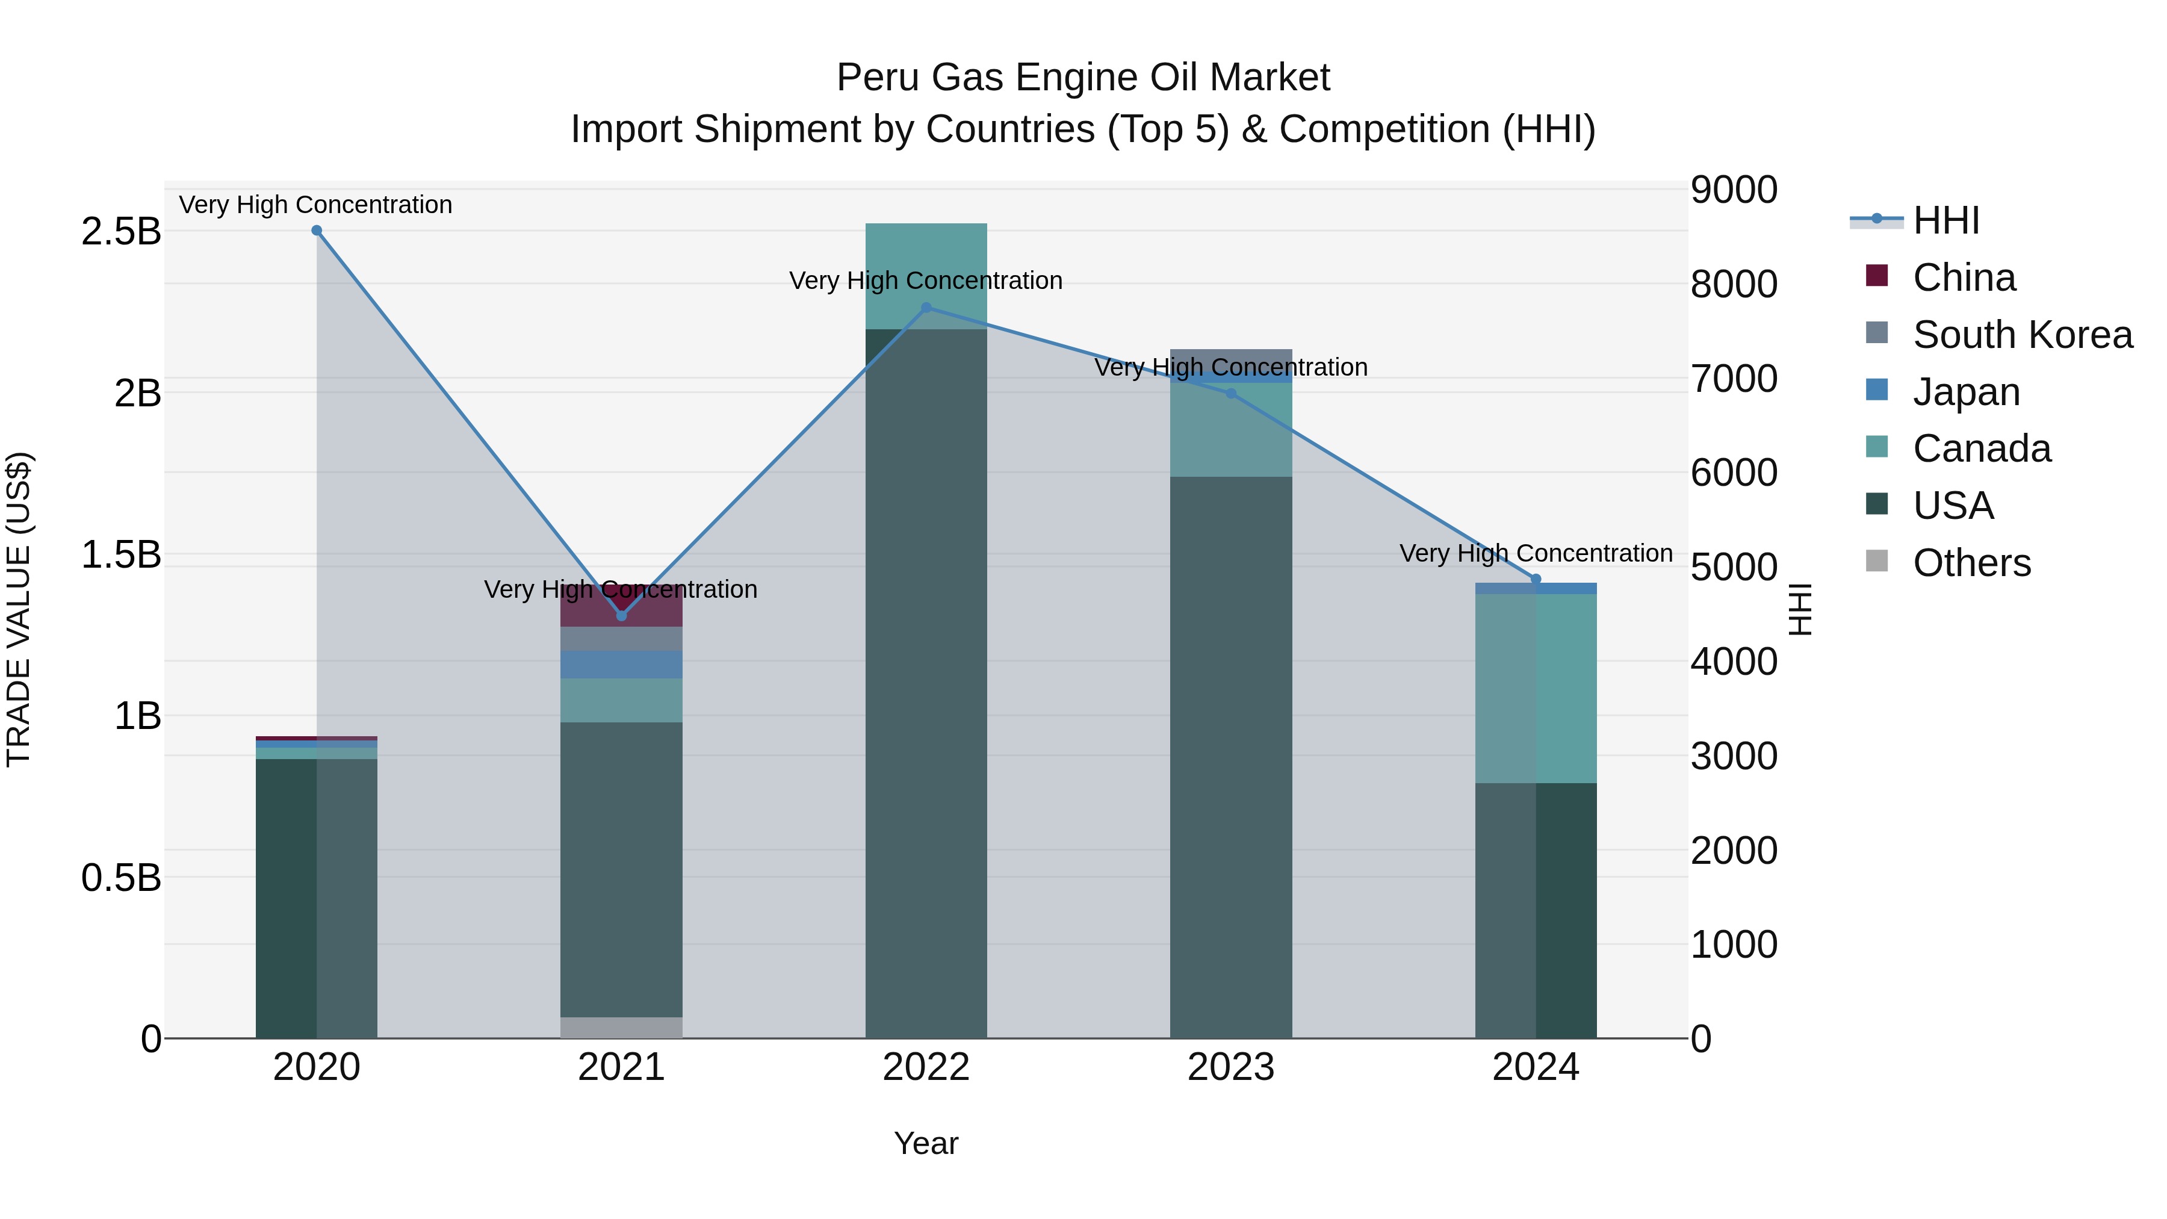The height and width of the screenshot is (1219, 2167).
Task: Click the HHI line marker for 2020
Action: (x=316, y=231)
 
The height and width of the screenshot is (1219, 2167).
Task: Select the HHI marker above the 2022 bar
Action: (x=926, y=308)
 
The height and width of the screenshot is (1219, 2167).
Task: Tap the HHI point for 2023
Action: (x=1231, y=393)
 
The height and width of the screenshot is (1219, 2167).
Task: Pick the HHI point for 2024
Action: (x=1535, y=578)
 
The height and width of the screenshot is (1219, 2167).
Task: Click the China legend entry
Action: (x=1964, y=278)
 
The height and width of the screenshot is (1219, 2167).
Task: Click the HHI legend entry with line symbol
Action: (x=1945, y=220)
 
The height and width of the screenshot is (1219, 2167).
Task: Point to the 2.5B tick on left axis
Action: (x=120, y=231)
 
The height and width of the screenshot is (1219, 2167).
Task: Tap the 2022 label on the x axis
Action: (x=926, y=1067)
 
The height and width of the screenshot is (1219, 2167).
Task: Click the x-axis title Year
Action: (x=926, y=1143)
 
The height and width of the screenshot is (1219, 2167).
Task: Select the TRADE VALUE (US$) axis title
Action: (x=19, y=609)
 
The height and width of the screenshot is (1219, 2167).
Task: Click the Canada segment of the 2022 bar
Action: (x=926, y=275)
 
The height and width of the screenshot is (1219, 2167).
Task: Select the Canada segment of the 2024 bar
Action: (x=1535, y=688)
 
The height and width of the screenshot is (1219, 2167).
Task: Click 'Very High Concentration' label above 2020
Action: (x=315, y=205)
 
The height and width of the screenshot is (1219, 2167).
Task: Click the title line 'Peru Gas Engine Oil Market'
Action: (x=1083, y=78)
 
